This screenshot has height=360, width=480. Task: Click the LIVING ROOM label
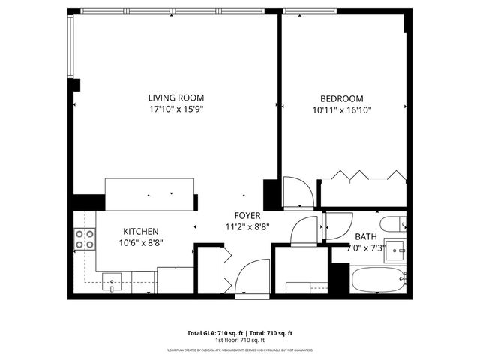(175, 97)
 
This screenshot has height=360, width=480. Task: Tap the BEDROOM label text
(341, 98)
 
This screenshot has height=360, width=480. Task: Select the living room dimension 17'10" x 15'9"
(175, 109)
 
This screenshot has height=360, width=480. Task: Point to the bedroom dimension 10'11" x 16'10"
(341, 110)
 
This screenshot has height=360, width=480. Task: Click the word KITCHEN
(141, 232)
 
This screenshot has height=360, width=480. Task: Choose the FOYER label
(247, 214)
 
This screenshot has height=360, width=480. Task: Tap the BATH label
(366, 236)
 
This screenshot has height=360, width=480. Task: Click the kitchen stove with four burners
(85, 239)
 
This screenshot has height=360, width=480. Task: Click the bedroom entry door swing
(297, 191)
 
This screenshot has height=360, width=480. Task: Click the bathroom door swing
(338, 226)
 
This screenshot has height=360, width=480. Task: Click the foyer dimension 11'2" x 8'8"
(247, 226)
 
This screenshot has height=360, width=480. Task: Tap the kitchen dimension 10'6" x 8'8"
(141, 243)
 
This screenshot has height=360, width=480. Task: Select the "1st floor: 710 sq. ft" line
(239, 340)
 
